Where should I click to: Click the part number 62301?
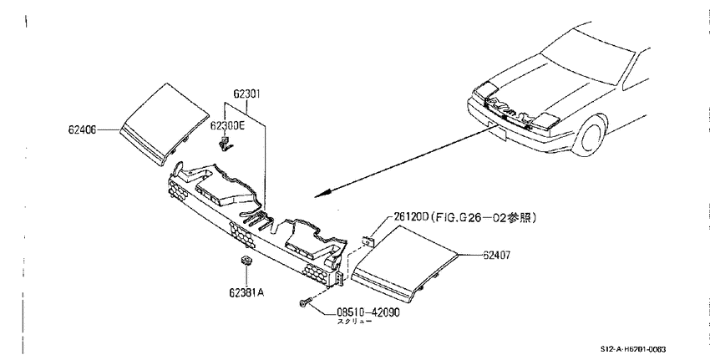[x=247, y=94]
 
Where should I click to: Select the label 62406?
[x=83, y=129]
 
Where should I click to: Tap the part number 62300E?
[x=227, y=125]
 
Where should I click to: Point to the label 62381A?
[x=246, y=292]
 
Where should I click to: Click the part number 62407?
[x=496, y=256]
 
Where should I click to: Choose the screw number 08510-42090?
[x=368, y=312]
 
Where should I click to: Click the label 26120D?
[x=411, y=217]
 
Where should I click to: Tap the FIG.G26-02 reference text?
[x=483, y=217]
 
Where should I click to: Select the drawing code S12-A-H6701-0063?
[x=633, y=349]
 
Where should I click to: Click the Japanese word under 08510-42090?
[x=354, y=322]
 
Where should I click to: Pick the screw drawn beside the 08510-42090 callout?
[x=306, y=302]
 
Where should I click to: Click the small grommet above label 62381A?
[x=246, y=261]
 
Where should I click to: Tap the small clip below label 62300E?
[x=224, y=144]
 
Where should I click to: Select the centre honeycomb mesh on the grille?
[x=244, y=233]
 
